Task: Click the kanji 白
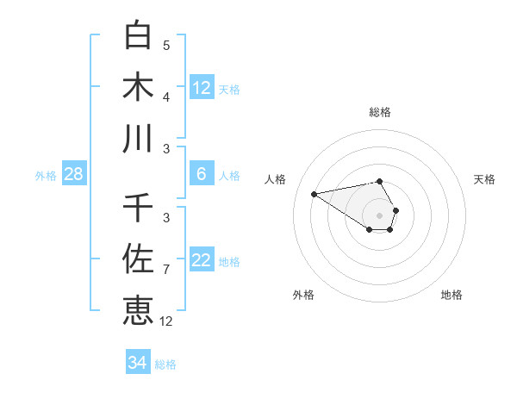[x=139, y=35]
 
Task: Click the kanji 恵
[x=139, y=310]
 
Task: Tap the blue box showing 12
[x=202, y=88]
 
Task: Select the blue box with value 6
[x=202, y=174]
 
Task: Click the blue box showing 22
[x=202, y=260]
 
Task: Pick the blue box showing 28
[x=74, y=174]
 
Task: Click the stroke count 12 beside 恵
[x=166, y=321]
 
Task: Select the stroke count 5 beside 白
[x=166, y=46]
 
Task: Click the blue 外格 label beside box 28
[x=46, y=176]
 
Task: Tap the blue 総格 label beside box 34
[x=165, y=364]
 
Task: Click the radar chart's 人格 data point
[x=315, y=193]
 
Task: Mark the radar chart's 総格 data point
[x=380, y=181]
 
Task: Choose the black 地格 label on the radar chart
[x=452, y=295]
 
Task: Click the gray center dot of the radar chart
[x=380, y=215]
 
